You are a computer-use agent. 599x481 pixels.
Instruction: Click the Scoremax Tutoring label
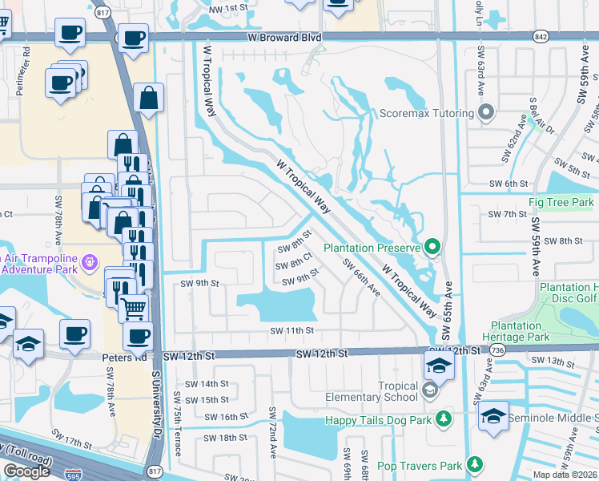coord(426,113)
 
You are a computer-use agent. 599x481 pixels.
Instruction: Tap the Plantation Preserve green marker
coord(433,247)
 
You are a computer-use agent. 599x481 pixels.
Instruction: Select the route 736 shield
coord(497,352)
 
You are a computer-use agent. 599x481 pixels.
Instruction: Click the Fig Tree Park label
coord(561,203)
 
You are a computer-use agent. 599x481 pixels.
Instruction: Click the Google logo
coord(26,471)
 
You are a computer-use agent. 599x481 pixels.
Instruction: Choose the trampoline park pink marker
coord(89,261)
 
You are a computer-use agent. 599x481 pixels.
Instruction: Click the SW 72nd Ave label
coord(274,443)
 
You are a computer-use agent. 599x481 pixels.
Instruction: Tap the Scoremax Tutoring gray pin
coord(484,113)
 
